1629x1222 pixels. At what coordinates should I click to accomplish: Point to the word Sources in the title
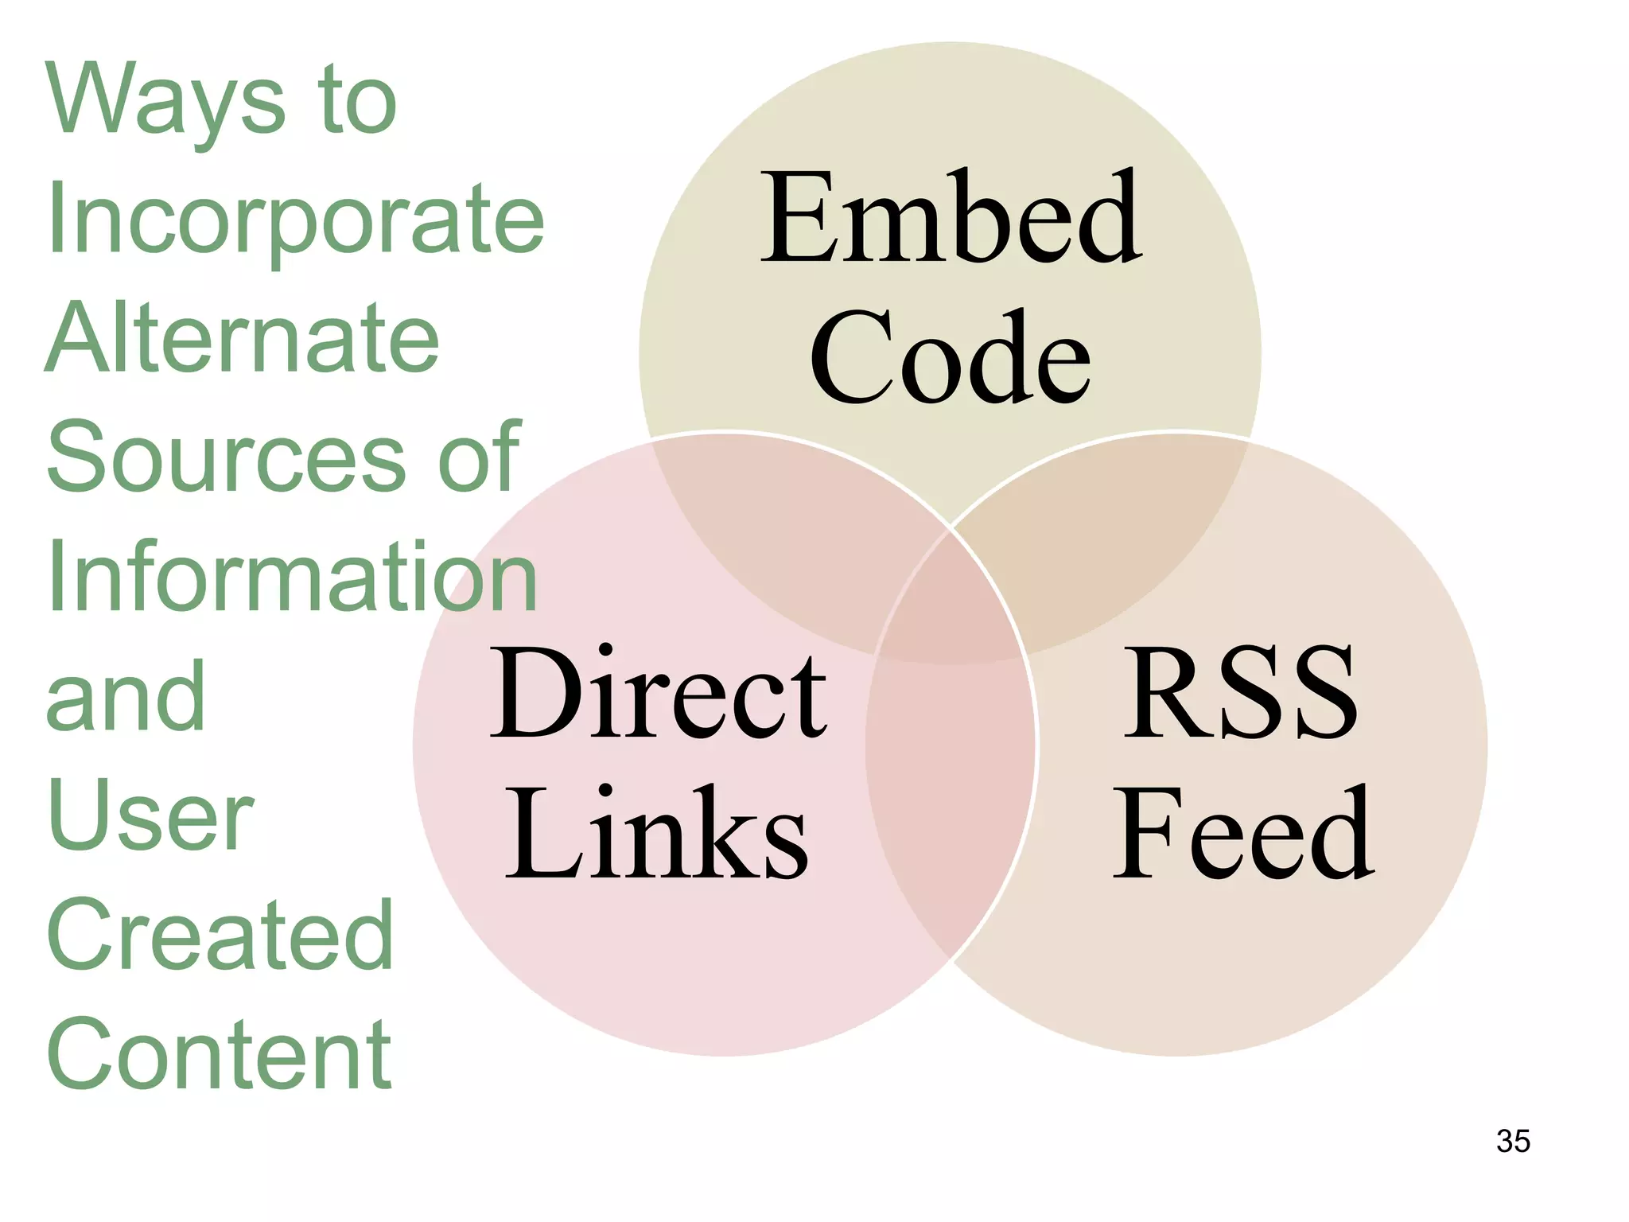[227, 457]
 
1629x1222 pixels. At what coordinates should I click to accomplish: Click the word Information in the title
[293, 577]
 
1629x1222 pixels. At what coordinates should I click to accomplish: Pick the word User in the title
[150, 815]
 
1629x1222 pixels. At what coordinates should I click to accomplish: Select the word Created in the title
[220, 935]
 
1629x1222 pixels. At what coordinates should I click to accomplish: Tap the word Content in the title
[219, 1054]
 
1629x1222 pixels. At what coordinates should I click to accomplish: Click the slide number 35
[1513, 1141]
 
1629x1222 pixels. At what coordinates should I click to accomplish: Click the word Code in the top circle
[951, 358]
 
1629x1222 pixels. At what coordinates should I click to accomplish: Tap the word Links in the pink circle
[657, 834]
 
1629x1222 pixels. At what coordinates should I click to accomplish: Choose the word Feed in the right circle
[1243, 834]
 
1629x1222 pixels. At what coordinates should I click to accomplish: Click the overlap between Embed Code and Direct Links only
[787, 541]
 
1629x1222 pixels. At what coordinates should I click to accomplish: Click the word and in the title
[126, 696]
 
